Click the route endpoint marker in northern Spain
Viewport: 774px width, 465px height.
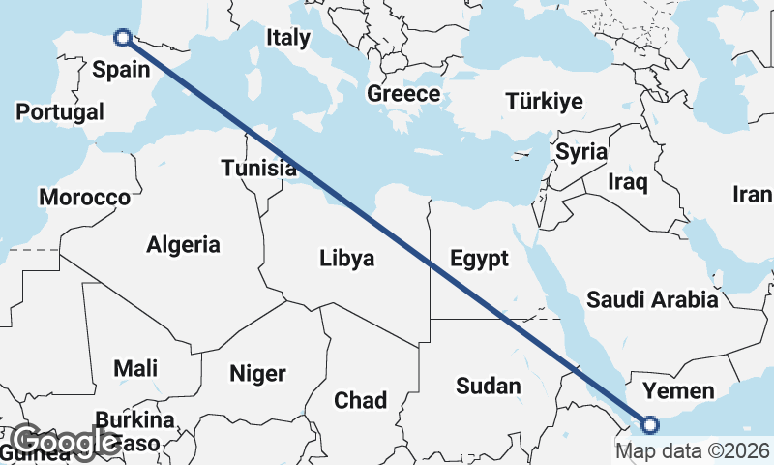click(x=123, y=38)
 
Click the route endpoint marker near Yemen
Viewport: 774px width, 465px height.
click(x=649, y=424)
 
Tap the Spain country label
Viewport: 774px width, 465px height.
click(x=121, y=69)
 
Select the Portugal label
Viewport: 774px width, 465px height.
click(x=60, y=111)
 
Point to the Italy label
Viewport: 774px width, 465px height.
click(x=288, y=38)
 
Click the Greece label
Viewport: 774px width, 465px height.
click(x=403, y=94)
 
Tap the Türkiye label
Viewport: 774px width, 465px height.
click(x=545, y=102)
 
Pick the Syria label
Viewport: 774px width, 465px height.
click(x=580, y=152)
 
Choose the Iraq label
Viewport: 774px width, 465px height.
click(x=627, y=181)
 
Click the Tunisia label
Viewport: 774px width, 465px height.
click(x=258, y=169)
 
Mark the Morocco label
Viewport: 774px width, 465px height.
click(x=84, y=198)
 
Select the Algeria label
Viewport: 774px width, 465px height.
click(x=183, y=245)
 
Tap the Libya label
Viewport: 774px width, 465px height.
click(x=346, y=259)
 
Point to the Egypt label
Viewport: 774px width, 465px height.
click(x=479, y=259)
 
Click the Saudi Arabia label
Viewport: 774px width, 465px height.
click(x=652, y=299)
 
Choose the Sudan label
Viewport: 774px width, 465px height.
click(x=488, y=386)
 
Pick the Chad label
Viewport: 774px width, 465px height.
click(x=360, y=400)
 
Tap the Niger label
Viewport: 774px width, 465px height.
click(x=257, y=373)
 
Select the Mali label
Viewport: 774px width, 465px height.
click(x=135, y=368)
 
